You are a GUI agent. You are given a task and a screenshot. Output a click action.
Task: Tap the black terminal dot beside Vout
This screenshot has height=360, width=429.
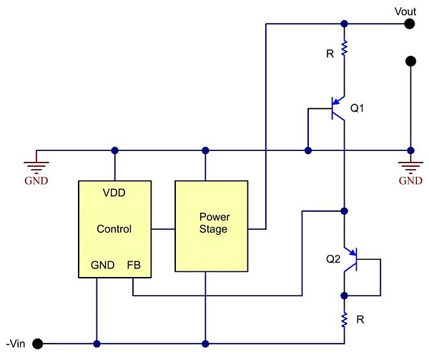pyautogui.click(x=410, y=24)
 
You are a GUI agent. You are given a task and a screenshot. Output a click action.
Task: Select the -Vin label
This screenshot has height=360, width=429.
pyautogui.click(x=16, y=343)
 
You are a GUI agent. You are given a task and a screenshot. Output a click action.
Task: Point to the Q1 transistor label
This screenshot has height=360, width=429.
pyautogui.click(x=357, y=109)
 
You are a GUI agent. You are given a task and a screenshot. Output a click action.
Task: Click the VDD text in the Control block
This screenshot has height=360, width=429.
pyautogui.click(x=114, y=193)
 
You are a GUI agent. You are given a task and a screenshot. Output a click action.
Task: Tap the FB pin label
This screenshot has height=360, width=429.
pyautogui.click(x=133, y=265)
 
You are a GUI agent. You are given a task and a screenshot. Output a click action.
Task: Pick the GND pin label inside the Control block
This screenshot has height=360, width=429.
pyautogui.click(x=102, y=265)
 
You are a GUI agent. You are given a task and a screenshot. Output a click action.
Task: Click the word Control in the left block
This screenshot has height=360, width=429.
pyautogui.click(x=114, y=229)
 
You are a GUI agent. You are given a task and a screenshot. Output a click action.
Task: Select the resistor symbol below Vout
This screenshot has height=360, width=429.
pyautogui.click(x=344, y=49)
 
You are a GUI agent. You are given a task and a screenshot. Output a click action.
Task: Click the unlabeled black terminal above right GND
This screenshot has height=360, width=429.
pyautogui.click(x=410, y=62)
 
